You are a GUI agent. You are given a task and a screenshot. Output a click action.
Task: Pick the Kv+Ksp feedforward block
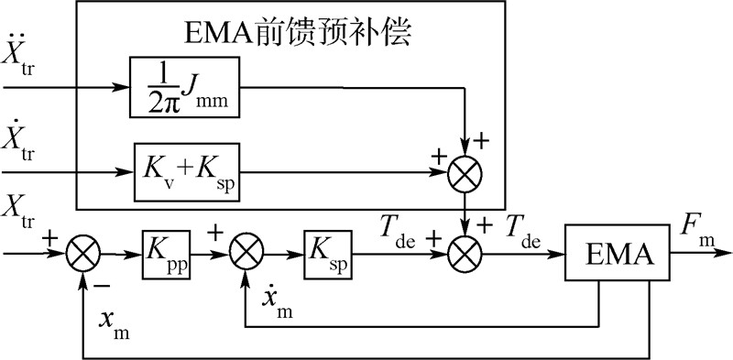pyautogui.click(x=186, y=170)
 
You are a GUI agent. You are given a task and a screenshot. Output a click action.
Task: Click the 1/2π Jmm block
pyautogui.click(x=186, y=89)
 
